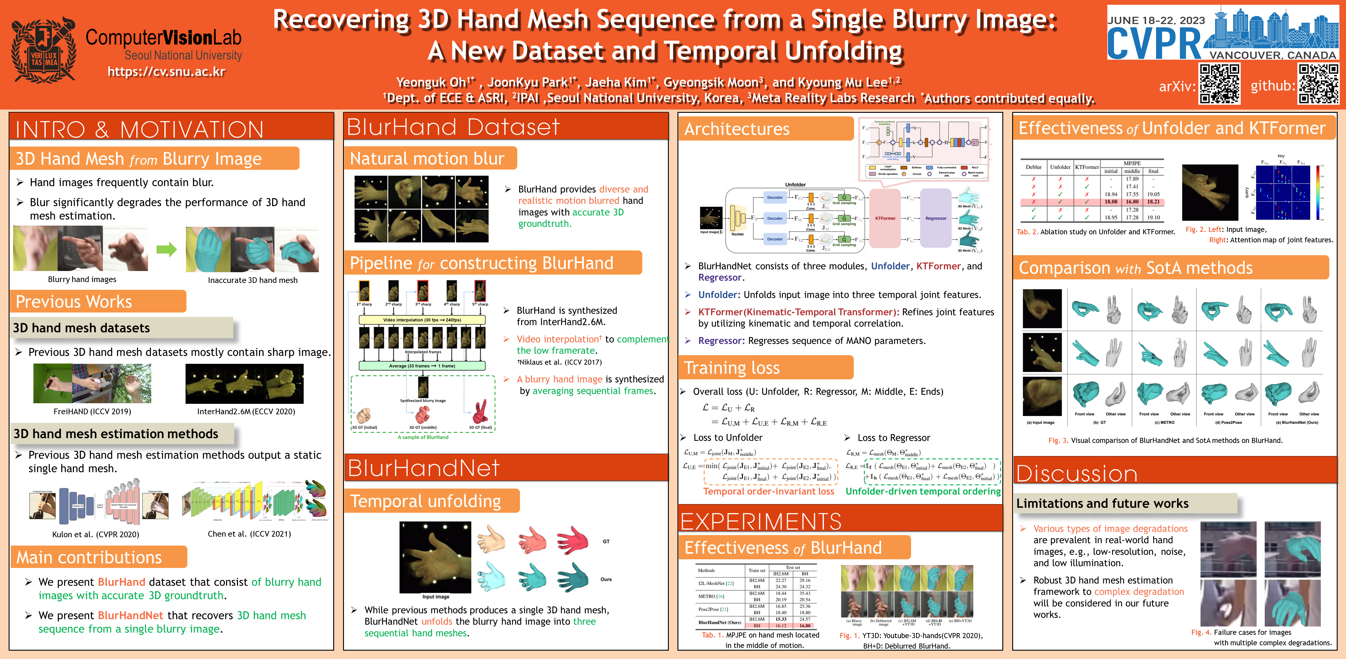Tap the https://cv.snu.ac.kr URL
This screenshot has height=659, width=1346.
click(x=166, y=72)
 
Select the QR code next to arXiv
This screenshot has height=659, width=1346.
click(x=1219, y=84)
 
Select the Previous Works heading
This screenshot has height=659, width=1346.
click(x=74, y=301)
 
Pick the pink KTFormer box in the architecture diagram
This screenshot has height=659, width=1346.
click(x=885, y=218)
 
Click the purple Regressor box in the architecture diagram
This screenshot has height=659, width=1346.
click(x=935, y=218)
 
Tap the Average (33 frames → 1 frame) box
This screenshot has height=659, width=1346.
click(x=422, y=366)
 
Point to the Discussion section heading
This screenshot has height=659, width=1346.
click(x=1076, y=473)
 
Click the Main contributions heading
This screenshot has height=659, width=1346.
click(x=89, y=558)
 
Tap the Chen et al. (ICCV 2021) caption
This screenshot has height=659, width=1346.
click(x=249, y=534)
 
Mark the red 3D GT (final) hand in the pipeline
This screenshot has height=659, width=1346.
click(x=480, y=413)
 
